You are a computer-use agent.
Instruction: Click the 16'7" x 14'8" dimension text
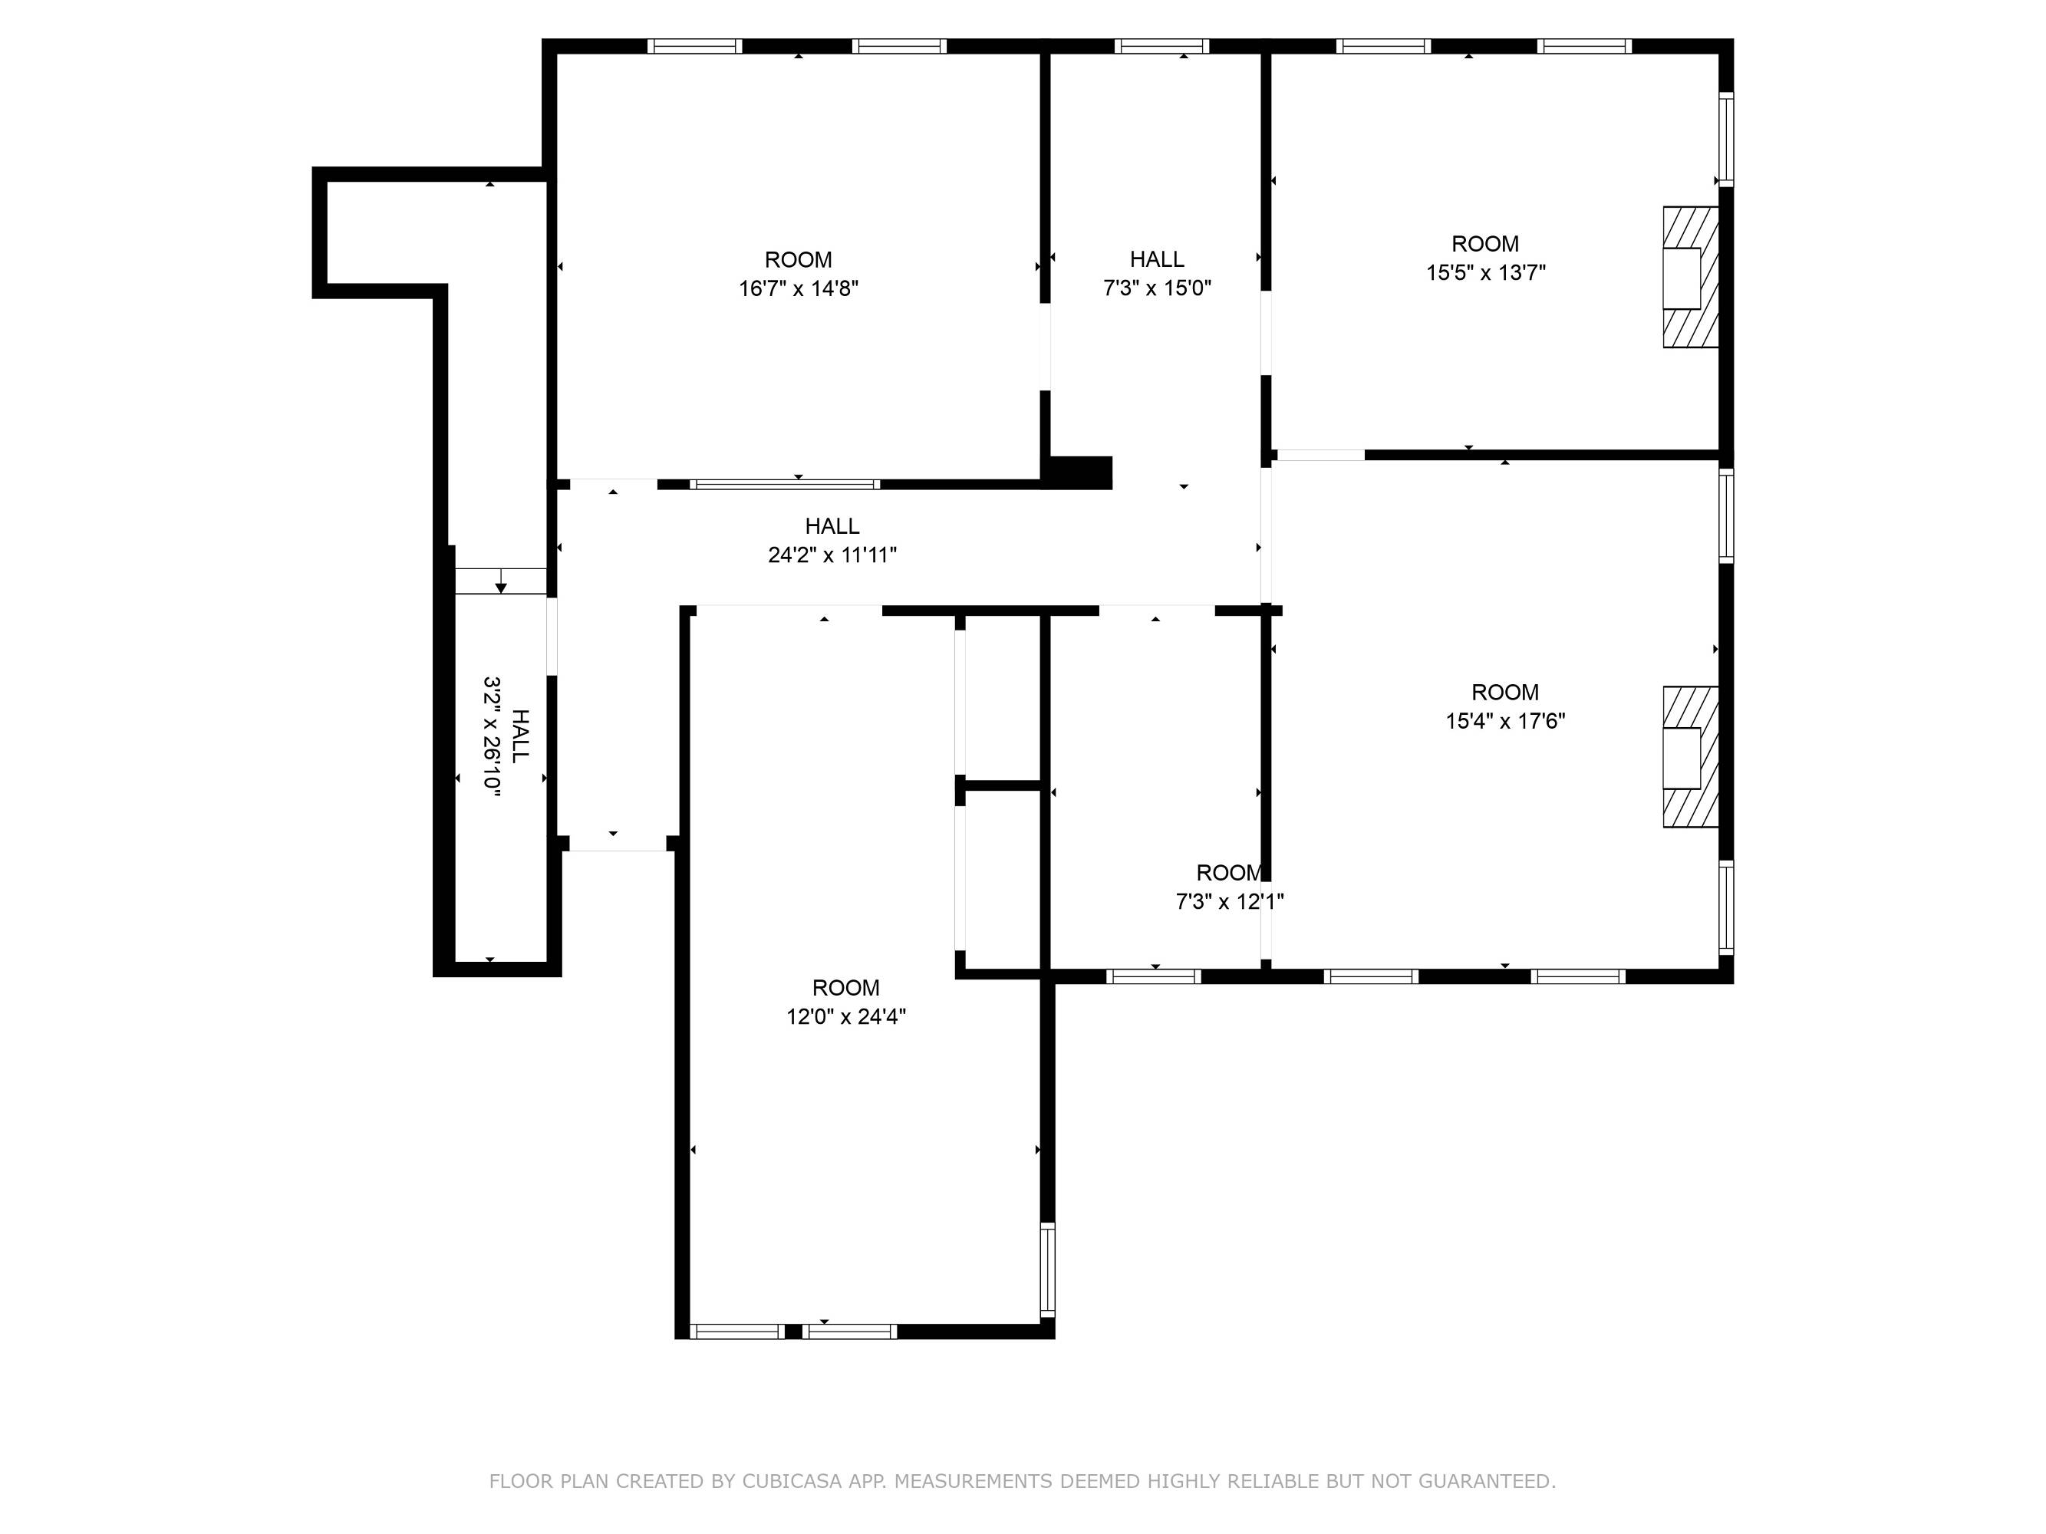click(799, 288)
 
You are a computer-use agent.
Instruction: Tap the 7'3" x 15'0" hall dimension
click(1157, 288)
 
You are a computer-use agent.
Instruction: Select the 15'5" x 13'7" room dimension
click(1485, 273)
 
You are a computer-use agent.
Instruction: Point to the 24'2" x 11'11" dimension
click(832, 555)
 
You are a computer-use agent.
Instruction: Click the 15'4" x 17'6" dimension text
click(1505, 721)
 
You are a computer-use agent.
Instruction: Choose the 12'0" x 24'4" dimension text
click(845, 1017)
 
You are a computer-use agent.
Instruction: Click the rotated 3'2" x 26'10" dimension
click(492, 736)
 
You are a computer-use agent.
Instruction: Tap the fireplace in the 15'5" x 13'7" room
click(1691, 278)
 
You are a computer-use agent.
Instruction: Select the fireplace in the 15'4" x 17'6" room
click(1691, 757)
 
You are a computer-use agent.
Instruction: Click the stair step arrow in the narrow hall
click(500, 581)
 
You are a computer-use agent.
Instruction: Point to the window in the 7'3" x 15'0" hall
click(1161, 46)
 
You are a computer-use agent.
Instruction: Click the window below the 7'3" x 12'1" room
click(1154, 976)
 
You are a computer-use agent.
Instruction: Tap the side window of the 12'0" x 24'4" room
click(1047, 1269)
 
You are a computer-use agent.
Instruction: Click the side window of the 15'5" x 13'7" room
click(1726, 140)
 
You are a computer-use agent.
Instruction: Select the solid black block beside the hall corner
click(1079, 472)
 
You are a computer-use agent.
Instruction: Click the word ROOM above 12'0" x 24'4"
click(845, 988)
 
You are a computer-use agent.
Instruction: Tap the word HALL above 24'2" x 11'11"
click(832, 526)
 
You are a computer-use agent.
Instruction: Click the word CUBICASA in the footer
click(791, 1481)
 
